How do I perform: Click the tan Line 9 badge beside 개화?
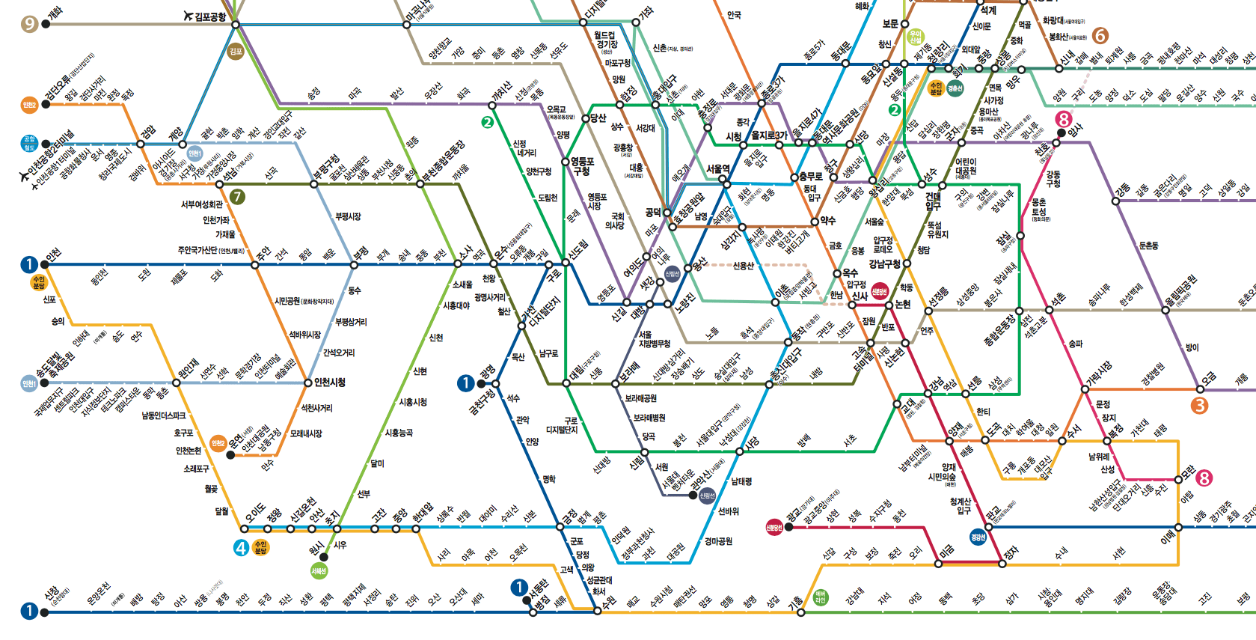point(29,24)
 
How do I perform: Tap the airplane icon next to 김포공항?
point(189,16)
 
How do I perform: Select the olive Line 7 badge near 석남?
point(237,197)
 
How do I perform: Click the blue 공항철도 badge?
point(29,144)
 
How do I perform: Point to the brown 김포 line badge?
point(236,52)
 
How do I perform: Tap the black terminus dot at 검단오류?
point(46,104)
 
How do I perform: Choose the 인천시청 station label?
point(330,383)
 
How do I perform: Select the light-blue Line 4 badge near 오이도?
point(241,548)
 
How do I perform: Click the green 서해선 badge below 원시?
point(319,571)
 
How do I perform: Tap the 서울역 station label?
point(718,169)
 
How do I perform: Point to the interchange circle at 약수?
point(815,222)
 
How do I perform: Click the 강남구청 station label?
point(884,263)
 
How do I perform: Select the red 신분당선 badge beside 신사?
point(879,291)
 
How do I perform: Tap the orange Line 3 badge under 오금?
point(1199,405)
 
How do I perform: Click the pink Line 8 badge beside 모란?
point(1204,478)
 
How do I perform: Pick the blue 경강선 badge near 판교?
point(978,537)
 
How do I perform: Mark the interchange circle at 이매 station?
point(1178,527)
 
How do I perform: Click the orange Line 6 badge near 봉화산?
point(1100,36)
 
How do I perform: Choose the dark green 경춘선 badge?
point(955,88)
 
